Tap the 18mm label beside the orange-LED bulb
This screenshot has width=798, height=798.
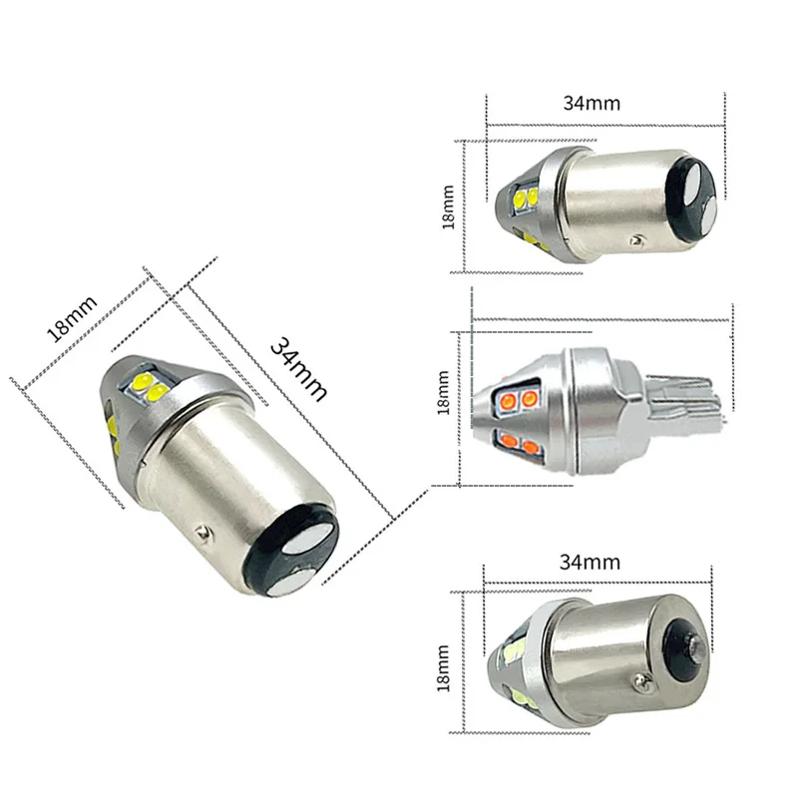[x=445, y=394]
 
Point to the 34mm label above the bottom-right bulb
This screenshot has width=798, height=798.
[x=590, y=562]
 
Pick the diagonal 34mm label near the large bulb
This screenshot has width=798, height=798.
[x=298, y=366]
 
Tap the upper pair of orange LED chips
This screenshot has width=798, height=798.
[x=516, y=401]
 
